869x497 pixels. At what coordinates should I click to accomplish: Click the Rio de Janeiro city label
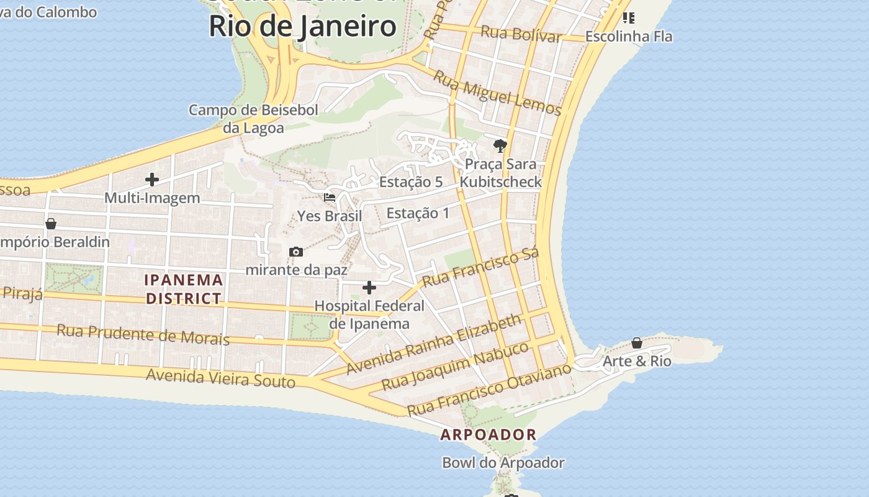coord(302,26)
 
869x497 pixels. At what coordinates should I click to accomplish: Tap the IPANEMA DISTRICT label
coord(183,289)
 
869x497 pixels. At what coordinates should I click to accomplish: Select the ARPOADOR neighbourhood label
coord(488,435)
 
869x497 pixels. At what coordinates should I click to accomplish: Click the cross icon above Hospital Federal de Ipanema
coord(369,288)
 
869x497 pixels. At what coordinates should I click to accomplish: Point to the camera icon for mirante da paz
coord(296,252)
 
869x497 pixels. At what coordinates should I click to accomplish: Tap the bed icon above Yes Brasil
coord(330,198)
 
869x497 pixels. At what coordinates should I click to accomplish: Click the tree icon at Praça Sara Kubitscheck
coord(500,146)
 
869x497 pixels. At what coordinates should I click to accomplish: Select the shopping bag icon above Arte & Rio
coord(637,343)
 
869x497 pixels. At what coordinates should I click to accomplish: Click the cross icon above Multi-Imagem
coord(152,180)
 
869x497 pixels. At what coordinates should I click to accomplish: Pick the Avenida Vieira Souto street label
coord(220,377)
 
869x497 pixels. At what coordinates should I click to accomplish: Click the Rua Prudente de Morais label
coord(143,334)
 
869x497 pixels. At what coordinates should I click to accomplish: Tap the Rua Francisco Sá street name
coord(480,268)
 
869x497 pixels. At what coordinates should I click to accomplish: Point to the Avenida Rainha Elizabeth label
coord(434,344)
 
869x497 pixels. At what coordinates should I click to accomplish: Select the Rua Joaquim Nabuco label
coord(455,366)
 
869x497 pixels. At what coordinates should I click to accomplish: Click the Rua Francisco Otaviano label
coord(489,390)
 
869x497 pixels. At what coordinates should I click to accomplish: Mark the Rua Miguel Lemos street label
coord(497,93)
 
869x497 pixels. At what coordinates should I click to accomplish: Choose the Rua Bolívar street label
coord(521,34)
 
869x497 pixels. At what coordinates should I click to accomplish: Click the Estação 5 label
coord(411,182)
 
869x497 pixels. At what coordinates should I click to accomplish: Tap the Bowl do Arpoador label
coord(503,463)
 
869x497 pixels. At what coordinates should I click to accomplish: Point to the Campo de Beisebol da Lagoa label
coord(253,119)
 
